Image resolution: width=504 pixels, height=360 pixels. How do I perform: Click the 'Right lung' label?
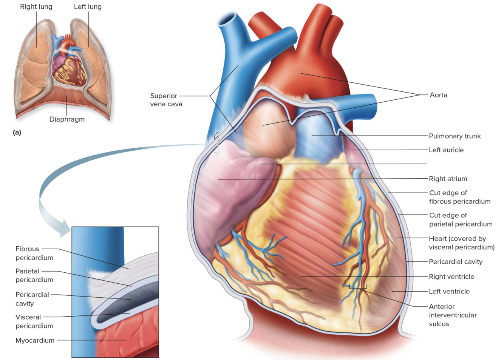pos(36,7)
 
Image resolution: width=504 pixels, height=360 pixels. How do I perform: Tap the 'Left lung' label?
pos(88,7)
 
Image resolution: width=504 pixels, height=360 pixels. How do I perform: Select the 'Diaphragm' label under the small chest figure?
pos(67,119)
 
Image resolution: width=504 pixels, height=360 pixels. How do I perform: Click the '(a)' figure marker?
pos(17,132)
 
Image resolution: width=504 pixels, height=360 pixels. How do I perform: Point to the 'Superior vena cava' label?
pos(166,100)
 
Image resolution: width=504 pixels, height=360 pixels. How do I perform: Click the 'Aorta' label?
pos(438,95)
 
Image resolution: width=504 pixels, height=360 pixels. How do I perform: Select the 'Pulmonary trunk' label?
pos(455,136)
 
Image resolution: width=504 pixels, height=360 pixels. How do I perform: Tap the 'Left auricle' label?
pos(446,150)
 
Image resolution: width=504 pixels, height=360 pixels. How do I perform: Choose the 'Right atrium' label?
pos(448,179)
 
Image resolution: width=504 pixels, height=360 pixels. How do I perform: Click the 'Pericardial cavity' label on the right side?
pos(455,261)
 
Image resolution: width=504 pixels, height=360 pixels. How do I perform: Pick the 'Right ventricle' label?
pos(451,277)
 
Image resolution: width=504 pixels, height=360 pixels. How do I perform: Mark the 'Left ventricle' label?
pos(449,291)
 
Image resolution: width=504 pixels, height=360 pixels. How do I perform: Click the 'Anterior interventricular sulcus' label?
pos(452,315)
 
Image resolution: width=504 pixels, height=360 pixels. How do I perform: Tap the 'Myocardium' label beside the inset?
pos(35,340)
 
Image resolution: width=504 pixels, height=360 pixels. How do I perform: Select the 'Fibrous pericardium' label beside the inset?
pos(34,253)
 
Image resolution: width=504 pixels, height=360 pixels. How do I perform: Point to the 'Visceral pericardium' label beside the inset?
pos(34,321)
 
